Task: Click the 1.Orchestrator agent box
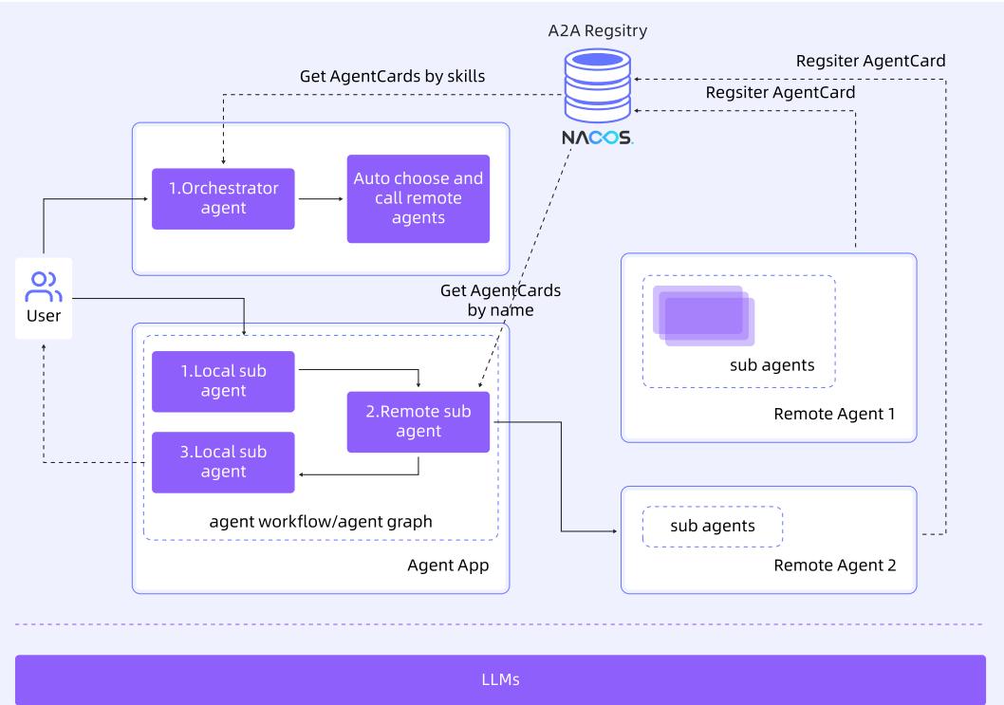(x=223, y=199)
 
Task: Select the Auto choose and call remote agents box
(x=418, y=198)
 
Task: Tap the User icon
(x=45, y=286)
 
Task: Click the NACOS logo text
(x=596, y=139)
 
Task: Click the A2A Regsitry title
(x=598, y=31)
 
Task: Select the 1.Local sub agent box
(x=223, y=381)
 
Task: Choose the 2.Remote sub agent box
(x=418, y=421)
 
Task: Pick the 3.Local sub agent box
(x=223, y=462)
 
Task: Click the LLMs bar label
(x=500, y=679)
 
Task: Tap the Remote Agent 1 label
(x=835, y=414)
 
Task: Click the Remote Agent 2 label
(x=835, y=566)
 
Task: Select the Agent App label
(x=447, y=566)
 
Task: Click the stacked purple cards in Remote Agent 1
(x=705, y=315)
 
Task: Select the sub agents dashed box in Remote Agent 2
(x=713, y=526)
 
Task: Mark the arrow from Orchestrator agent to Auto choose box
(x=320, y=199)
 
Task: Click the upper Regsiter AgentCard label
(x=871, y=61)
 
